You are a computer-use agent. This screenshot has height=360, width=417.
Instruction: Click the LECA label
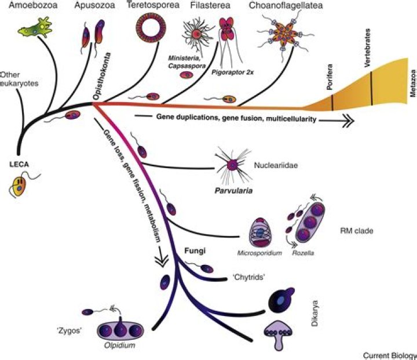tap(19, 164)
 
